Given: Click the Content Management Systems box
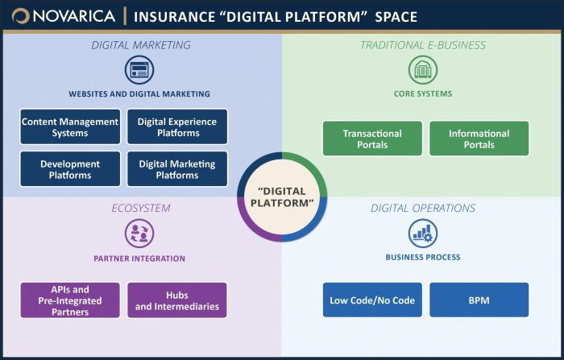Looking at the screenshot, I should point(70,127).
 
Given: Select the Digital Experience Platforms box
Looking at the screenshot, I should point(177,127).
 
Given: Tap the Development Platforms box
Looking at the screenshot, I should point(70,169).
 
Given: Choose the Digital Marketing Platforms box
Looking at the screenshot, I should point(177,169).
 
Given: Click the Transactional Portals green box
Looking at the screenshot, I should point(372,139).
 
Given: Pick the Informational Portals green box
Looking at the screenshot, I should point(479,139).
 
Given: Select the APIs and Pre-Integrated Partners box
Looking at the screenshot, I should point(69,300).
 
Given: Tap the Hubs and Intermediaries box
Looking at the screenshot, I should point(177,300).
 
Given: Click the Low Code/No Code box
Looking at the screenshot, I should point(372,300).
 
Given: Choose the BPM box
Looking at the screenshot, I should point(479,300).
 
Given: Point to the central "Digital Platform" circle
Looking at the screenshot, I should point(282,196).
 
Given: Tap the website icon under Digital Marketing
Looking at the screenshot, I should point(139,70).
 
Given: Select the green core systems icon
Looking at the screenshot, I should point(423,70).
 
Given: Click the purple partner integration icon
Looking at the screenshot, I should point(139,234).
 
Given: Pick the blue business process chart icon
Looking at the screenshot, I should point(423,234).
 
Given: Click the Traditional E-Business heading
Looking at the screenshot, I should point(423,45).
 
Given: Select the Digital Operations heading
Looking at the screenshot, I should point(423,209).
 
